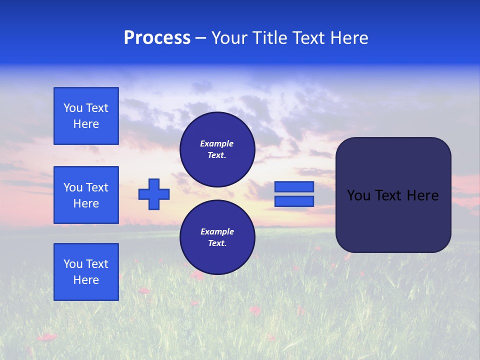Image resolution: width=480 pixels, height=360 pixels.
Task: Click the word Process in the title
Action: (157, 38)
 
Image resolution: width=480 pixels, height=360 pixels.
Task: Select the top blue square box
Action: (86, 116)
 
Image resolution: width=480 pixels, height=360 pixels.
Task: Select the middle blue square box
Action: (86, 195)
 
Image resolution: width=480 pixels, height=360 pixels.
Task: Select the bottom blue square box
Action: (86, 272)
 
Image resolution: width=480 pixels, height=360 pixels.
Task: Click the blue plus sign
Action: (154, 194)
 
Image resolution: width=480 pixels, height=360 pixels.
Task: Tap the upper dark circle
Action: (217, 149)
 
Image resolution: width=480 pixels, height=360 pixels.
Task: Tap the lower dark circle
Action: (217, 237)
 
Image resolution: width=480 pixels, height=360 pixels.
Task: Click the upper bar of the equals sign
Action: (294, 186)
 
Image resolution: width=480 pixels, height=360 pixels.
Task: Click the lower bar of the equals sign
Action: (294, 201)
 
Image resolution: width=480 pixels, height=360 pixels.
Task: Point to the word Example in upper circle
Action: (217, 143)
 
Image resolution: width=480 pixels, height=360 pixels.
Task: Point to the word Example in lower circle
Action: (217, 231)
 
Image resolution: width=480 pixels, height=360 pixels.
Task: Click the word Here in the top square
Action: (86, 124)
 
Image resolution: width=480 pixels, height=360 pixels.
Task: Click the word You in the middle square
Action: (73, 187)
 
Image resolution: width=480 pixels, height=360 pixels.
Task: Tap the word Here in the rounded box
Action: (422, 195)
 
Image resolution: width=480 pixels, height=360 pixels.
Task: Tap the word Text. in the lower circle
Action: (217, 243)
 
